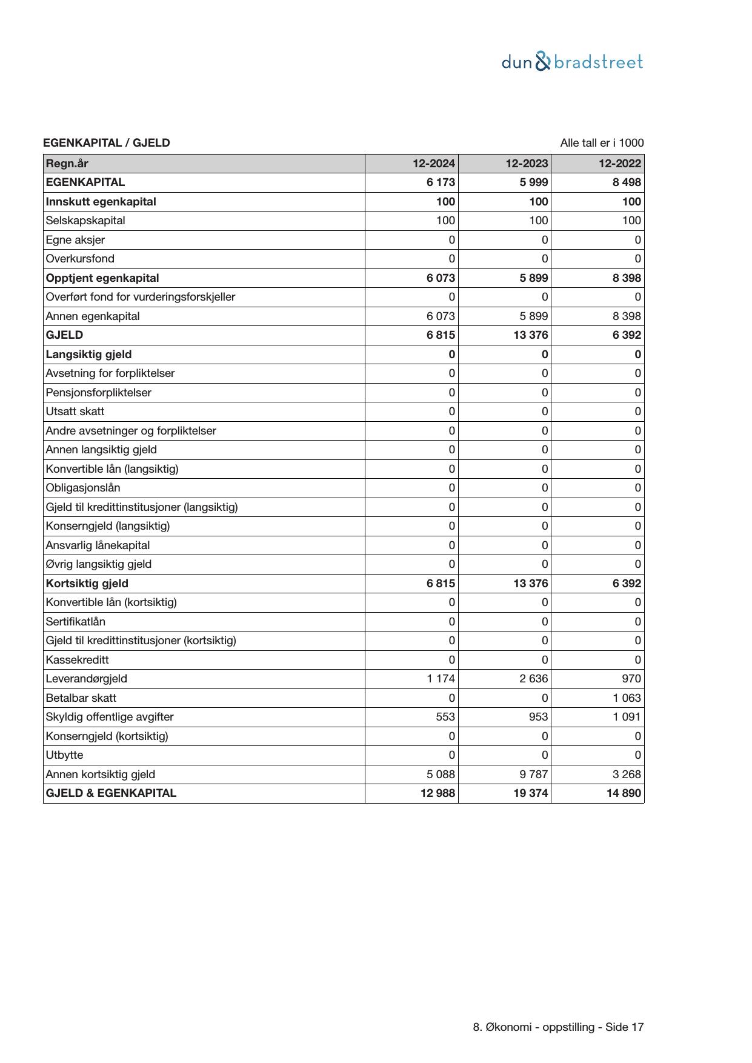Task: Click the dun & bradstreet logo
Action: [572, 62]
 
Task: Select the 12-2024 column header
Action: [433, 164]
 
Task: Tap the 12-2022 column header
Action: [619, 164]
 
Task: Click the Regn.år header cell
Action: [67, 164]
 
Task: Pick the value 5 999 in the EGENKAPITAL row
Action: [533, 182]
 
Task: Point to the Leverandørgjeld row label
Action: [86, 679]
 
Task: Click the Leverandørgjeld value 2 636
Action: [533, 679]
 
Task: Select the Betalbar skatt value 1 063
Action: [627, 698]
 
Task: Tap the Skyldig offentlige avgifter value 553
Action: [445, 717]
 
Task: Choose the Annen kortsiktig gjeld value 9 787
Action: [533, 775]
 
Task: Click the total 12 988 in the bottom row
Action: [438, 793]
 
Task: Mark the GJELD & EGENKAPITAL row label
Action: [111, 793]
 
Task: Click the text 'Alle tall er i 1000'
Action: [602, 143]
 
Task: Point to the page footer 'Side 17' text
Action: [624, 1027]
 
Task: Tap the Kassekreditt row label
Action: [77, 660]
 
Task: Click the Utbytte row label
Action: [64, 755]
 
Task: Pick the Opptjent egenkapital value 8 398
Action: [627, 278]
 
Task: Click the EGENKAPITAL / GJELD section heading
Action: [107, 143]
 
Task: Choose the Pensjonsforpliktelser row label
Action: [98, 393]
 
